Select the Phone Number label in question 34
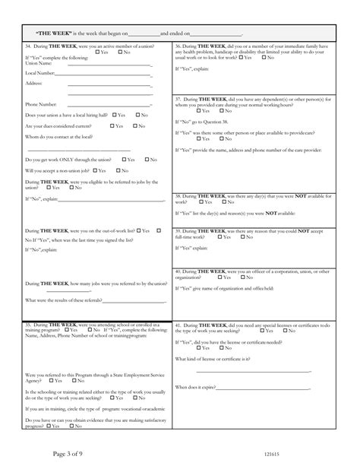(x=41, y=104)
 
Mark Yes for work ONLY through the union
(x=122, y=160)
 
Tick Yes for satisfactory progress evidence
(x=49, y=428)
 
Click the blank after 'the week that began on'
(x=144, y=35)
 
